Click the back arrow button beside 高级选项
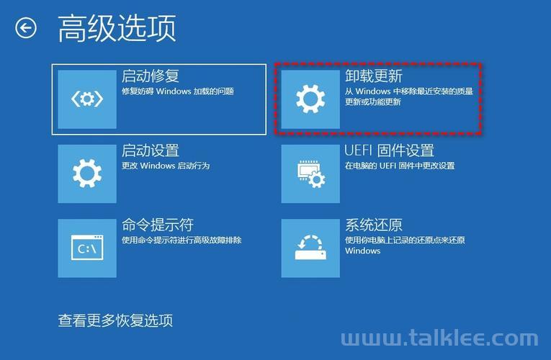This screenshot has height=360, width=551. (26, 28)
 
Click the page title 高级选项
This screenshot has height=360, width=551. (117, 28)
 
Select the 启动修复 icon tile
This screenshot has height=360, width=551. (87, 99)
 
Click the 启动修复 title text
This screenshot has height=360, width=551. (151, 76)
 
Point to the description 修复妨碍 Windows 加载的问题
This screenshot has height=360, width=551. (178, 91)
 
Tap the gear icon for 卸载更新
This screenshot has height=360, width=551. (310, 99)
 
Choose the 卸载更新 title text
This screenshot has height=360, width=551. (374, 76)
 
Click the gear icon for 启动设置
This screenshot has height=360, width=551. (87, 174)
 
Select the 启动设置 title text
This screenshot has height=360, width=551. (151, 150)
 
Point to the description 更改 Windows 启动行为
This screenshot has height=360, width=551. (166, 166)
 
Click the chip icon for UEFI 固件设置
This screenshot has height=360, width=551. (310, 174)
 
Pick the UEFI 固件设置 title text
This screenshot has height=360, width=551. (390, 150)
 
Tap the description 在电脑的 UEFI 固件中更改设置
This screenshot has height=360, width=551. (400, 166)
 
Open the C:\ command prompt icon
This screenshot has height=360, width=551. (87, 248)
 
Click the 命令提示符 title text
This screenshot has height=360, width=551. (158, 225)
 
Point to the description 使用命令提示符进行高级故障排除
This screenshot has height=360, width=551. (182, 240)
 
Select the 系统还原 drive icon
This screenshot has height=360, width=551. (310, 248)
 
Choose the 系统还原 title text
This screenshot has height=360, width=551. (374, 225)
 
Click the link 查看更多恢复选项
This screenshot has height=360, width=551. (115, 320)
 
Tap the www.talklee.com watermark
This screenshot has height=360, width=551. (439, 338)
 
